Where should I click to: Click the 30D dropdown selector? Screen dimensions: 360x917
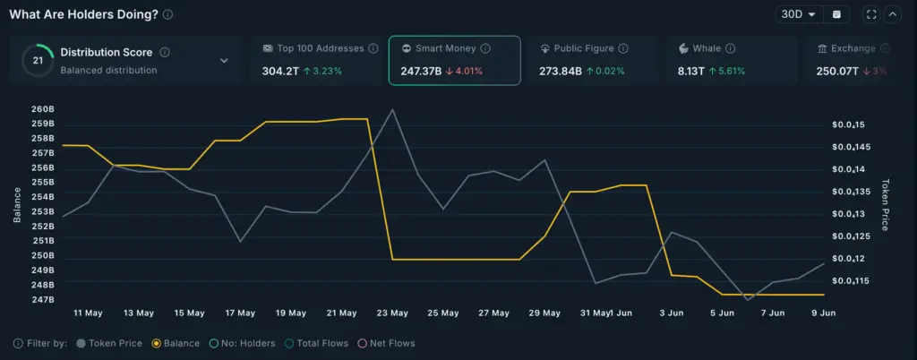tap(799, 14)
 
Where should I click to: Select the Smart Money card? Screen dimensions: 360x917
tap(454, 60)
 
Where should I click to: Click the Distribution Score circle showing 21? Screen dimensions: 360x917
tap(38, 60)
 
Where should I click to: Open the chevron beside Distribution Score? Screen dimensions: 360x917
tap(223, 61)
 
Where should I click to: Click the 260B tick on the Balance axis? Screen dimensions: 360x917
tap(43, 109)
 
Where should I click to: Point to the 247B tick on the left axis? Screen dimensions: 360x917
tap(43, 299)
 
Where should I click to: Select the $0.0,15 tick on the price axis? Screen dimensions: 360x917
tap(845, 124)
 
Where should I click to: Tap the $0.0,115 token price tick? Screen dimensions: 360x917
tap(847, 281)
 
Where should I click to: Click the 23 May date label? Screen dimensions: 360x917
tap(392, 313)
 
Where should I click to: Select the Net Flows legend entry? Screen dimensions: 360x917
tap(387, 343)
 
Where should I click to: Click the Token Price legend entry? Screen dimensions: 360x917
tap(109, 343)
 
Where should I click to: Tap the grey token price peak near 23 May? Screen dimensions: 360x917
tap(392, 110)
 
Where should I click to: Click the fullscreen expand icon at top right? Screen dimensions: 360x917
tap(870, 14)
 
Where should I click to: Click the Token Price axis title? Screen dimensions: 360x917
tap(886, 203)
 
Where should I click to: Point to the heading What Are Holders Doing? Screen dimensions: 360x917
tap(84, 14)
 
